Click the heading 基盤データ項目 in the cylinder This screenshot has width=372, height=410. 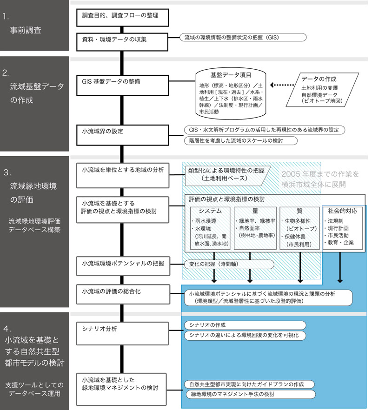tap(231, 75)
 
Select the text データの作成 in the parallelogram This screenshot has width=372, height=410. tap(319, 79)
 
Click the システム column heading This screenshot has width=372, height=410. tap(210, 211)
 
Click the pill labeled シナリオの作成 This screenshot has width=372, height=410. tap(244, 325)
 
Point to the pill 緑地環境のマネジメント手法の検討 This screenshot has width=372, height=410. tap(250, 395)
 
